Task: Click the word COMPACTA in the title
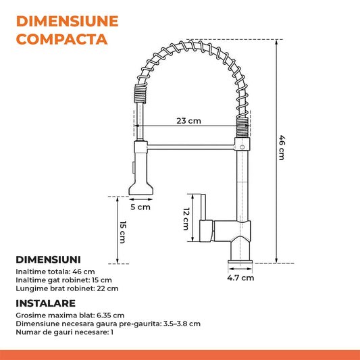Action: pyautogui.click(x=61, y=38)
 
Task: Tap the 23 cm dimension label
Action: pyautogui.click(x=188, y=121)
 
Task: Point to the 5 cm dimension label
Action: pyautogui.click(x=140, y=207)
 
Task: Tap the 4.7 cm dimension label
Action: pyautogui.click(x=240, y=277)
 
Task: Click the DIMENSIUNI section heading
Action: pyautogui.click(x=48, y=259)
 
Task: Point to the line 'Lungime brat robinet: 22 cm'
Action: pyautogui.click(x=66, y=288)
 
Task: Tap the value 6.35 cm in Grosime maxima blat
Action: pyautogui.click(x=109, y=315)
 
